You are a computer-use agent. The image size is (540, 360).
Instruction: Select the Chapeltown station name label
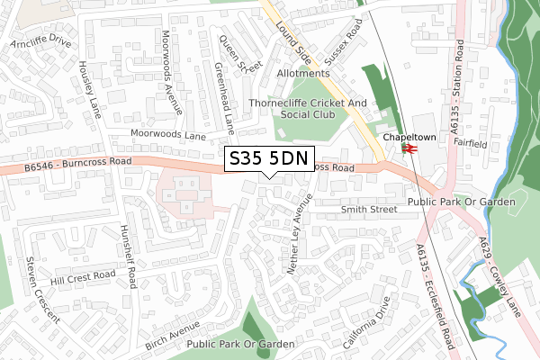coord(401,139)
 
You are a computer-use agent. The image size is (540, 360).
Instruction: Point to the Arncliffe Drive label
coord(40,42)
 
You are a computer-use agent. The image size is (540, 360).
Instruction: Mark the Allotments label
coord(303,74)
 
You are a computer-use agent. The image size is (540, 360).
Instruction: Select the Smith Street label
coord(369,209)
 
